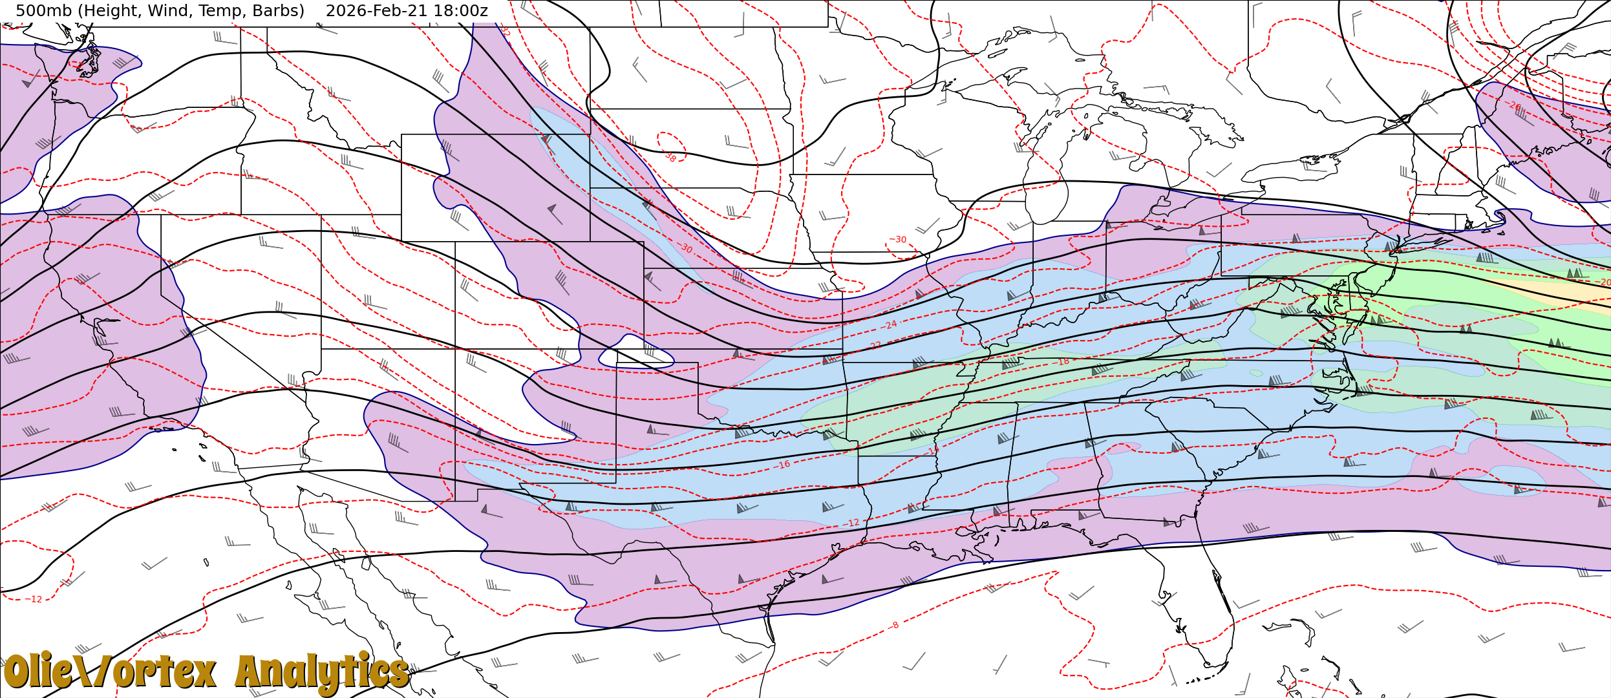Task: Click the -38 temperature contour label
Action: pyautogui.click(x=670, y=157)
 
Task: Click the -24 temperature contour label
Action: pyautogui.click(x=890, y=324)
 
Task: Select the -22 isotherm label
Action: pyautogui.click(x=875, y=346)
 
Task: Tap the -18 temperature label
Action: pyautogui.click(x=1062, y=362)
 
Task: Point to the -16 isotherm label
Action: pyautogui.click(x=783, y=465)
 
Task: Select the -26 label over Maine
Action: pyautogui.click(x=1513, y=105)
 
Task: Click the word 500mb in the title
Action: pyautogui.click(x=41, y=11)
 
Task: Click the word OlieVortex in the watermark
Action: pyautogui.click(x=110, y=672)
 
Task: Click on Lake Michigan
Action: pyautogui.click(x=1046, y=194)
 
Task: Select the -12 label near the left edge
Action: pyautogui.click(x=35, y=599)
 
